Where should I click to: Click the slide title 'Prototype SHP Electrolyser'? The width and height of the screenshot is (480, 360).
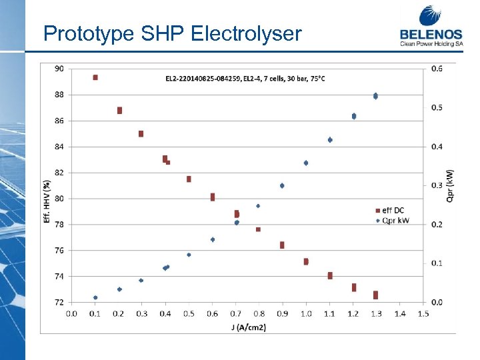[x=172, y=33]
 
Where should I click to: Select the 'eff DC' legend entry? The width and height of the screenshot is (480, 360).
[x=394, y=211]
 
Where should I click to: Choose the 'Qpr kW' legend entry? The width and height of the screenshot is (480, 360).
[x=394, y=221]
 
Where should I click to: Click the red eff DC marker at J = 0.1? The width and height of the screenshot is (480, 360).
[x=95, y=77]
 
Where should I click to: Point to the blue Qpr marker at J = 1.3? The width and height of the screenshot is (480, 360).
[x=375, y=96]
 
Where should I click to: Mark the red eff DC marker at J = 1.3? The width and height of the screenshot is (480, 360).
[x=375, y=295]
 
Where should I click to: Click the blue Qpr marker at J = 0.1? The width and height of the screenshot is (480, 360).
[x=95, y=297]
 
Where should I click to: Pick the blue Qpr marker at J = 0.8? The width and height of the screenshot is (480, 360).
[x=258, y=206]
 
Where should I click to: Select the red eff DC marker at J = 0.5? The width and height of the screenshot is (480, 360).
[x=189, y=179]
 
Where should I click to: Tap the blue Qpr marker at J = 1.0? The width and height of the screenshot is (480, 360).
[x=306, y=163]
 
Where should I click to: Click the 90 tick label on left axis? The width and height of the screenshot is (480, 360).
[x=59, y=69]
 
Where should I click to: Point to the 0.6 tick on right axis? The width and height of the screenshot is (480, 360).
[x=437, y=69]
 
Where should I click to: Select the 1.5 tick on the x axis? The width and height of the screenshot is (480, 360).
[x=423, y=313]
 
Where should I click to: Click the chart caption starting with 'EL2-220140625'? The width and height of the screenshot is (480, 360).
[x=245, y=79]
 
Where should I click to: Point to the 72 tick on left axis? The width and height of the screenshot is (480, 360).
[x=59, y=302]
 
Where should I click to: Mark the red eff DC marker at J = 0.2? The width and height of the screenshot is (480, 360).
[x=119, y=110]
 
